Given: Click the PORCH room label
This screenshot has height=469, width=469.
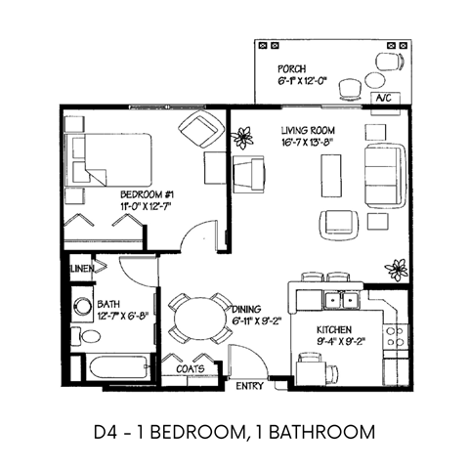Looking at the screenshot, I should point(292,69).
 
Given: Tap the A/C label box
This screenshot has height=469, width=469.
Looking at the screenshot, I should point(384,99).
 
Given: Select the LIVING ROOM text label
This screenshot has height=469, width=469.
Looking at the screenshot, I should point(308,130).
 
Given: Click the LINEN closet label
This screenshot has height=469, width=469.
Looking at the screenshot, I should point(83,267).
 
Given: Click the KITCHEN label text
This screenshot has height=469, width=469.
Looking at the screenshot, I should point(334,329).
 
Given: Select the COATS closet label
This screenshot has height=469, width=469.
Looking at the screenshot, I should point(190,368).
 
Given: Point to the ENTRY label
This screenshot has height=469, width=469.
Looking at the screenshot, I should point(251,387).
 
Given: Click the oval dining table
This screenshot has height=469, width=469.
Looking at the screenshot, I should point(194,320).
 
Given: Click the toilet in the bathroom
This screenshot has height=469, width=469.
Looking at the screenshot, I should point(90,336).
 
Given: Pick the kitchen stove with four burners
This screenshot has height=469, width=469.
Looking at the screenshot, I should point(396,338).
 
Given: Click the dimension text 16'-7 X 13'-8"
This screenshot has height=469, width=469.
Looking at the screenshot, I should point(308,142).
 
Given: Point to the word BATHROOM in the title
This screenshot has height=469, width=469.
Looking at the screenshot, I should point(321,430).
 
